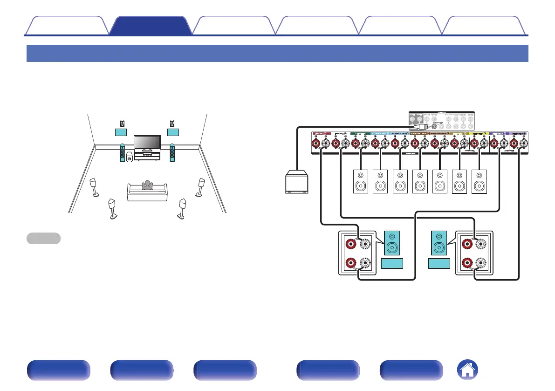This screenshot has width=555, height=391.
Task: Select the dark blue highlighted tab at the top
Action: point(151,26)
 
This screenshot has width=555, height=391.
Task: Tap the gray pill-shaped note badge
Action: point(43,238)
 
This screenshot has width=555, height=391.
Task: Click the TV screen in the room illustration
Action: point(147,142)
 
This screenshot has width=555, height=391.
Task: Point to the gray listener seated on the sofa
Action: point(147,185)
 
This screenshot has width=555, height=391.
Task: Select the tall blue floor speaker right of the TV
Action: point(173,153)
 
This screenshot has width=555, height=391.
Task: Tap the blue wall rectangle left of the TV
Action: point(122,132)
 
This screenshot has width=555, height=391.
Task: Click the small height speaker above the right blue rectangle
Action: point(172,123)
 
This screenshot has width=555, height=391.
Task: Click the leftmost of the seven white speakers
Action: point(361,181)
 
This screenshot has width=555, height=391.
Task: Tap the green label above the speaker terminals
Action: point(359,134)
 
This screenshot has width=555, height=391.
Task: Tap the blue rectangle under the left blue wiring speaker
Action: point(392,264)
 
